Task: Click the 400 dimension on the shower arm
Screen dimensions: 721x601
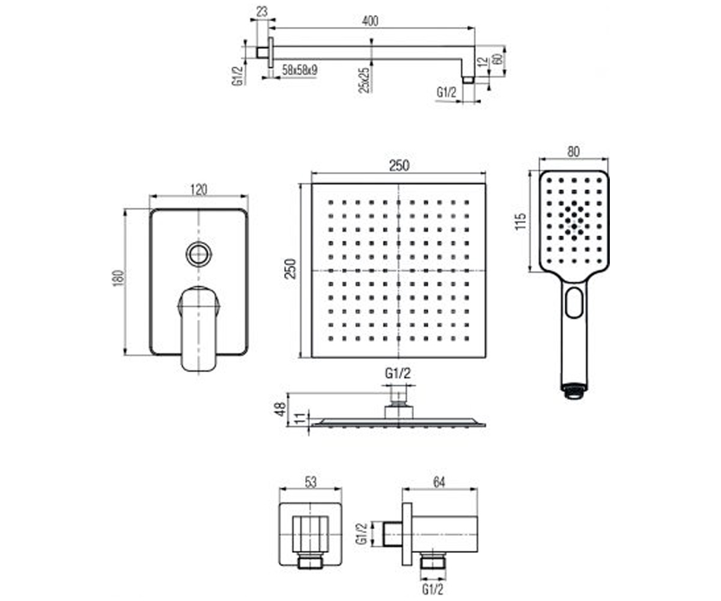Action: point(370,21)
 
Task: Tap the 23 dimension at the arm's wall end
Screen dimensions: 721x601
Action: point(262,12)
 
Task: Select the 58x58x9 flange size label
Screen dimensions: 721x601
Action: point(300,70)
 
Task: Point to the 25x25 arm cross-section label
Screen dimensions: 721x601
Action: point(364,81)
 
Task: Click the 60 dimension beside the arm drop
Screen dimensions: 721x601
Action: point(497,59)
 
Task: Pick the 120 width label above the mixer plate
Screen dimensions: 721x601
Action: point(199,190)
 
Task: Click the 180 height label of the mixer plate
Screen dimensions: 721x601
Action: point(118,278)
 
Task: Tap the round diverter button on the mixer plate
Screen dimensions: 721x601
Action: point(198,254)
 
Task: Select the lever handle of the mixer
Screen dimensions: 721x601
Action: point(198,329)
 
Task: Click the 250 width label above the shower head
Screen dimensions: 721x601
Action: point(400,166)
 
